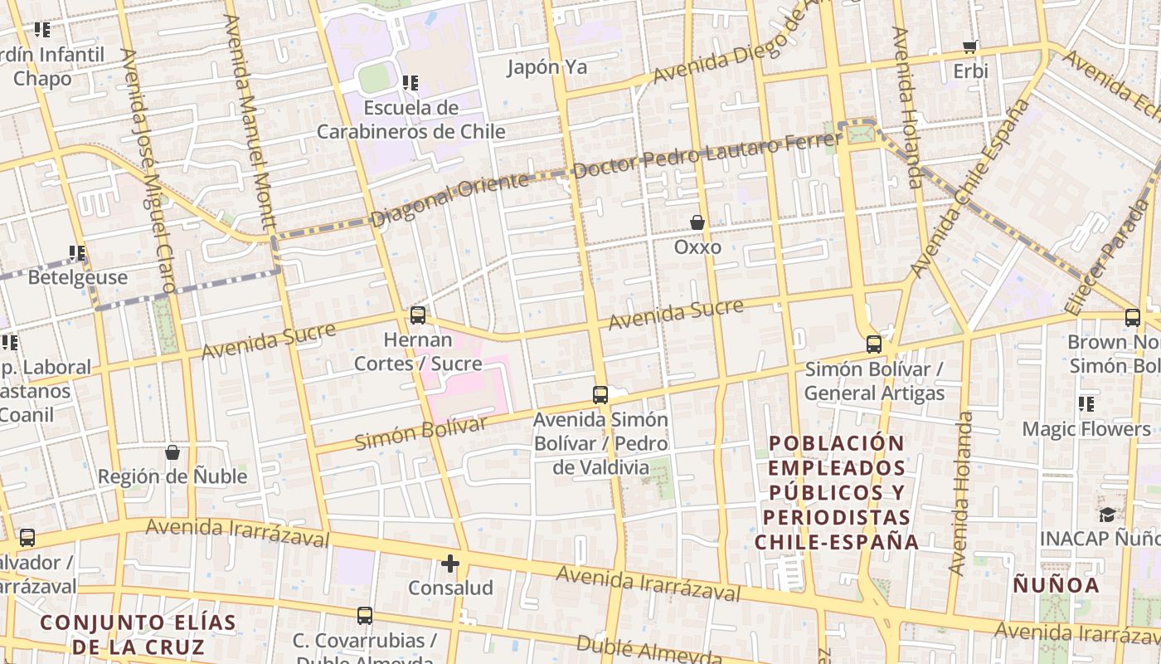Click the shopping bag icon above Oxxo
pyautogui.click(x=697, y=222)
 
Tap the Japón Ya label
pyautogui.click(x=546, y=67)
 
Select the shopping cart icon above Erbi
pyautogui.click(x=969, y=47)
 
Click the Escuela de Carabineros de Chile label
pyautogui.click(x=410, y=120)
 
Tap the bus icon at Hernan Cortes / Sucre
pyautogui.click(x=418, y=315)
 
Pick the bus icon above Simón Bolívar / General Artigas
pyautogui.click(x=873, y=344)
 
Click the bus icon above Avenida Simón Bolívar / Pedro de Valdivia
pyautogui.click(x=600, y=394)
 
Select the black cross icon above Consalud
pyautogui.click(x=450, y=564)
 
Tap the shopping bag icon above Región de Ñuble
pyautogui.click(x=172, y=452)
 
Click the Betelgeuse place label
pyautogui.click(x=78, y=277)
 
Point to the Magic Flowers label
pyautogui.click(x=1086, y=429)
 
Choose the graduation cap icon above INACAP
pyautogui.click(x=1107, y=515)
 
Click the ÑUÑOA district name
pyautogui.click(x=1056, y=585)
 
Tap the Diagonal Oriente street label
pyautogui.click(x=449, y=201)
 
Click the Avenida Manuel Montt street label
pyautogui.click(x=253, y=125)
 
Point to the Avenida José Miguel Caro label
pyautogui.click(x=148, y=170)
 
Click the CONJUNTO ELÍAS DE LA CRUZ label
pyautogui.click(x=138, y=634)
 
